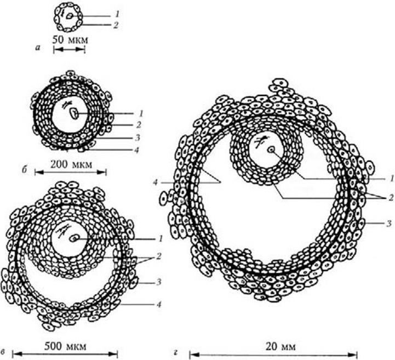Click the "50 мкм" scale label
point(71,41)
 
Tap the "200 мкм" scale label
point(71,164)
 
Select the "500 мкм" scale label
point(65,346)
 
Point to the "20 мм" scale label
point(280,347)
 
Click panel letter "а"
point(38,47)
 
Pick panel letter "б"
point(25,170)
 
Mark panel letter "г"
point(176,352)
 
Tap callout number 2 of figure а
point(116,25)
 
